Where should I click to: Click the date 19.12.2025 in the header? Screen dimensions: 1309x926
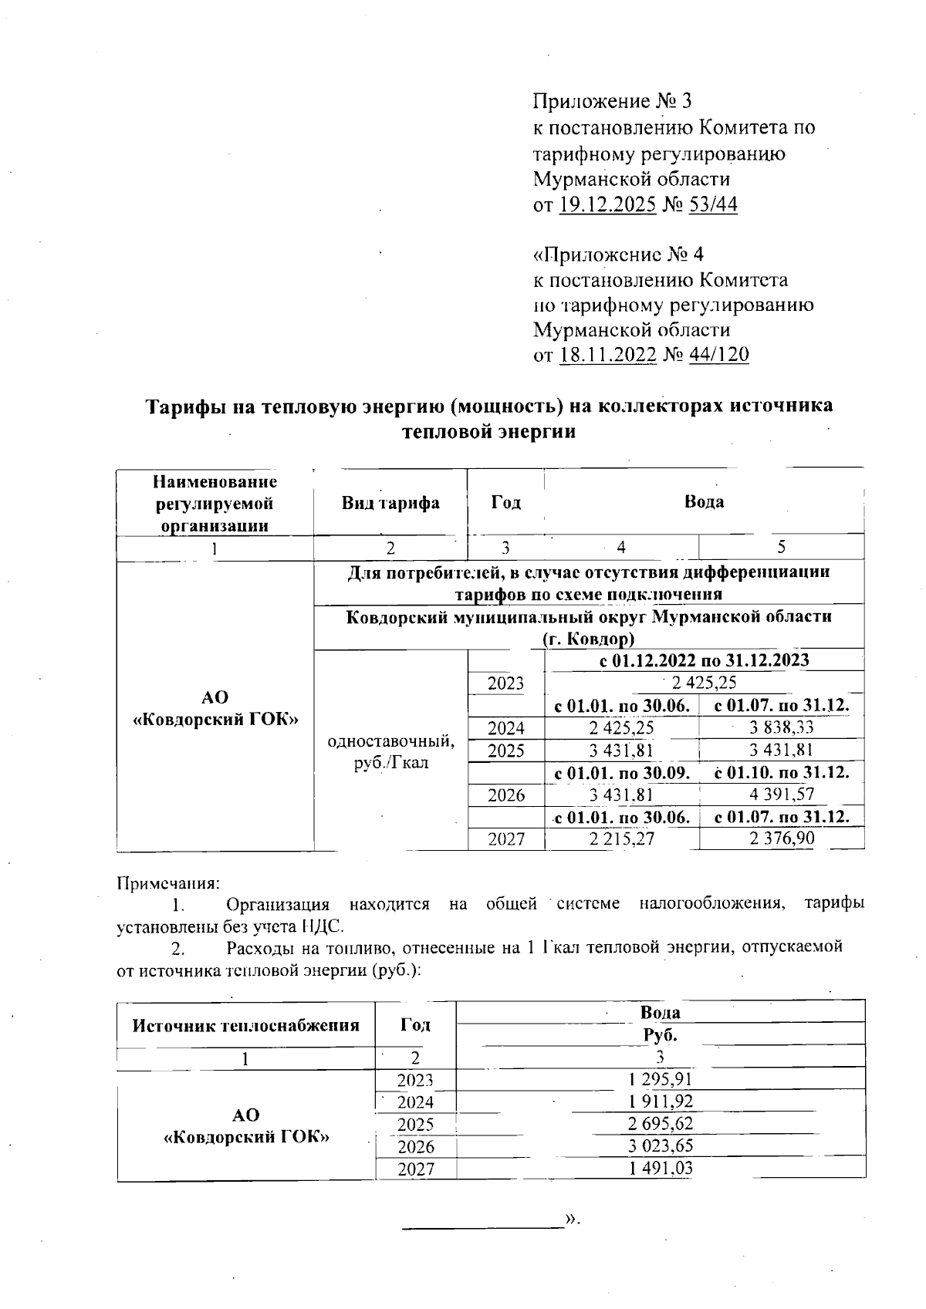pyautogui.click(x=608, y=205)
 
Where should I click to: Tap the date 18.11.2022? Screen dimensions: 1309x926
pyautogui.click(x=608, y=355)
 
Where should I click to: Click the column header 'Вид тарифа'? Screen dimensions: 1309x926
pyautogui.click(x=390, y=503)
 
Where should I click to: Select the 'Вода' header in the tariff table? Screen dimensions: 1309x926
pyautogui.click(x=704, y=502)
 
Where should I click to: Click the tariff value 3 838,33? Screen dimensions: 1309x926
pyautogui.click(x=781, y=727)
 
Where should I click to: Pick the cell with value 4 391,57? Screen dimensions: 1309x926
pyautogui.click(x=781, y=795)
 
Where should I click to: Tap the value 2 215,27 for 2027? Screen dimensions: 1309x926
pyautogui.click(x=621, y=839)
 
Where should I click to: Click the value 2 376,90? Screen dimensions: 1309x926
pyautogui.click(x=781, y=838)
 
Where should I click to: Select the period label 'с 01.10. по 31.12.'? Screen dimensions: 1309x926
pyautogui.click(x=781, y=772)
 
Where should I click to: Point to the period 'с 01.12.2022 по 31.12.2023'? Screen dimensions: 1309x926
pyautogui.click(x=704, y=660)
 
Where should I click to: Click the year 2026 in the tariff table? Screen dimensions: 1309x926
pyautogui.click(x=506, y=795)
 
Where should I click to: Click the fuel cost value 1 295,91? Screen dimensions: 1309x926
pyautogui.click(x=661, y=1079)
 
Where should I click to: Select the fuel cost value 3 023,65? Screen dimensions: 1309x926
pyautogui.click(x=661, y=1146)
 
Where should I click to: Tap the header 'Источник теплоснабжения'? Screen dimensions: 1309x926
pyautogui.click(x=246, y=1026)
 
